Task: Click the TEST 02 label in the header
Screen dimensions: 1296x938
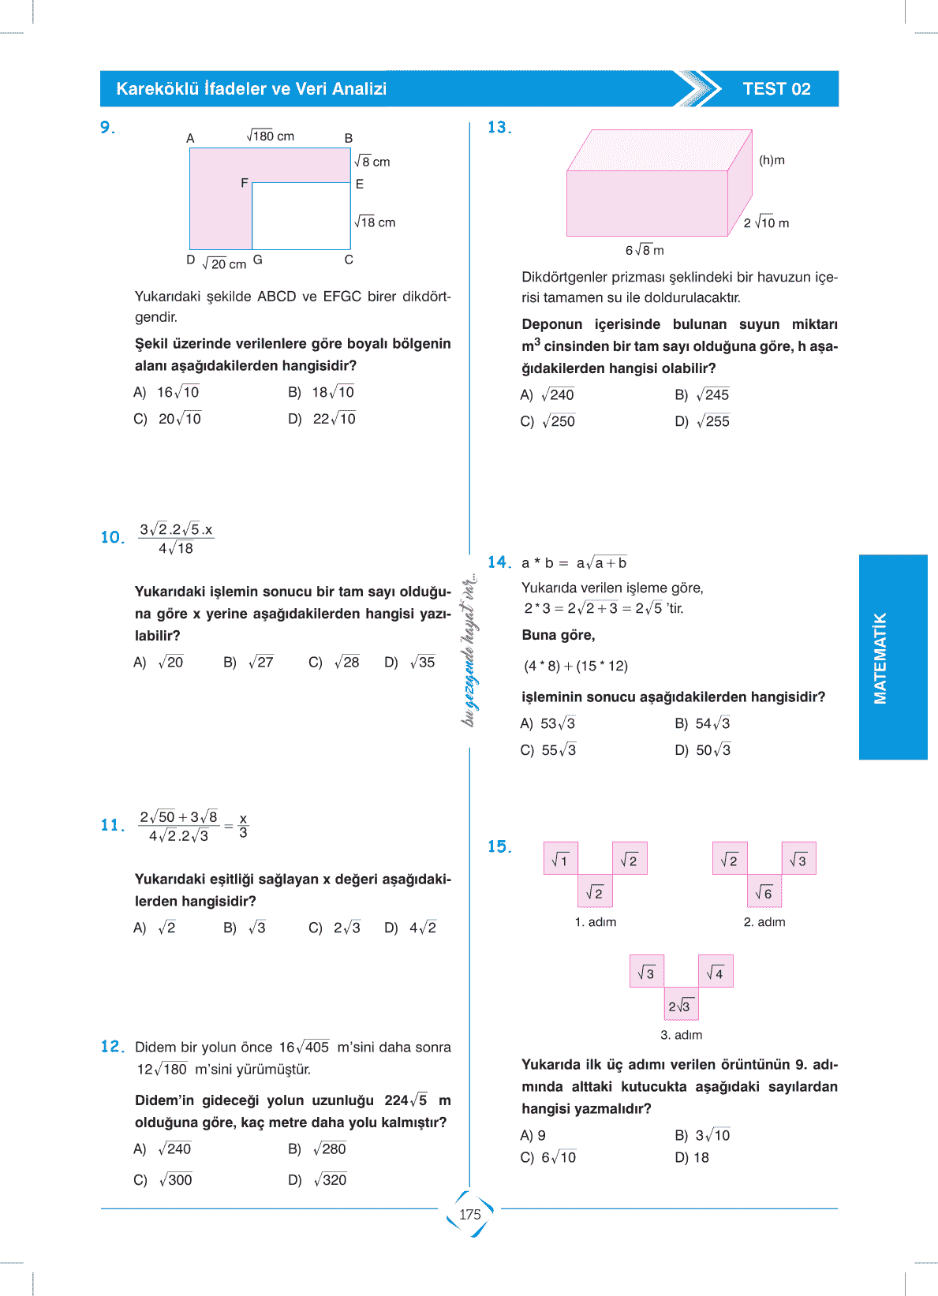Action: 776,89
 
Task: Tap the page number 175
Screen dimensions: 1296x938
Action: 470,1214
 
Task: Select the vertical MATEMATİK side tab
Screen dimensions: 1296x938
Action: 880,658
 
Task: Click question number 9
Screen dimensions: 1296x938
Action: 108,127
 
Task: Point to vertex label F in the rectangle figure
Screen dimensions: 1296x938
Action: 245,183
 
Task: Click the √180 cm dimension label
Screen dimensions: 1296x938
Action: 271,136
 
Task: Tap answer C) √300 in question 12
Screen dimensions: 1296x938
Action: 163,1180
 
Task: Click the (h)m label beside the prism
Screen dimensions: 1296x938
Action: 772,160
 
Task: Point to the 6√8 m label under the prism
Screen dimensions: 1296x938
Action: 645,250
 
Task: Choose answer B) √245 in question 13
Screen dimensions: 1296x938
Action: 702,395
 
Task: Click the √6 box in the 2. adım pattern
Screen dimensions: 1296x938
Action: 764,892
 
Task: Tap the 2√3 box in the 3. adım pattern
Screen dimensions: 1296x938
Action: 680,1005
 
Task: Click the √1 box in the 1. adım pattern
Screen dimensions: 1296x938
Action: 561,859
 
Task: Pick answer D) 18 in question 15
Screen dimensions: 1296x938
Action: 692,1157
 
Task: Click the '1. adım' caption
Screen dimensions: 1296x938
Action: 596,922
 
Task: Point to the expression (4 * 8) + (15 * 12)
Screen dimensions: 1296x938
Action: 576,666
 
